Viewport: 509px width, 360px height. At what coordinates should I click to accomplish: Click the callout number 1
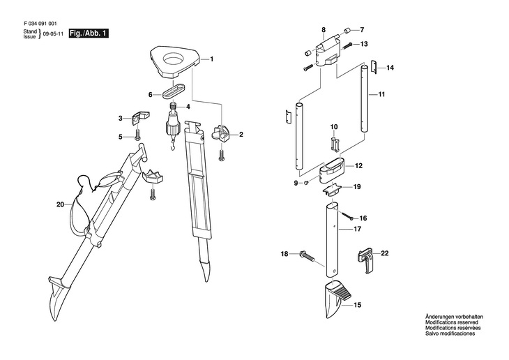(212, 59)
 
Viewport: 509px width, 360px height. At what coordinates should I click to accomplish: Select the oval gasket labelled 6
(173, 91)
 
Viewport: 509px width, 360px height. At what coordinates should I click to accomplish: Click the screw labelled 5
(137, 135)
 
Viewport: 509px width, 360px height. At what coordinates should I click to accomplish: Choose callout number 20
(60, 204)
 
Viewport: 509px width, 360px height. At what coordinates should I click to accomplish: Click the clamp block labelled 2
(220, 134)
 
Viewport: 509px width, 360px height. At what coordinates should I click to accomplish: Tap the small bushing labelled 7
(347, 31)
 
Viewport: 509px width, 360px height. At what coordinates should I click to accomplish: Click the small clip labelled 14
(374, 67)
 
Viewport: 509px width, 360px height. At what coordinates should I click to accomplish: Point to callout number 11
(382, 95)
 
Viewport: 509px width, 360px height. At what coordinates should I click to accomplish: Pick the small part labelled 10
(335, 144)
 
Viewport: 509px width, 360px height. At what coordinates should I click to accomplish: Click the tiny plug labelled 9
(306, 183)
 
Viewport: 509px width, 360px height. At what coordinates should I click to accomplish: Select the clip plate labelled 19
(331, 190)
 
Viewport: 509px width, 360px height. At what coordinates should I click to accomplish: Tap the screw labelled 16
(347, 216)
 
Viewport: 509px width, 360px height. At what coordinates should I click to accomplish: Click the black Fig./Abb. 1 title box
(89, 33)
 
